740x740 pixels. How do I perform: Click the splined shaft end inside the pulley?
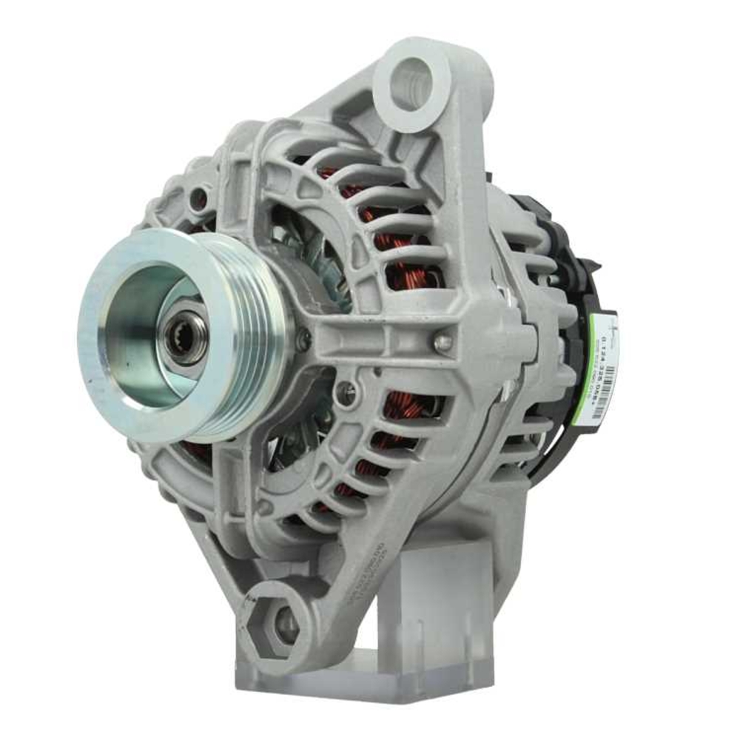click(180, 342)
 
